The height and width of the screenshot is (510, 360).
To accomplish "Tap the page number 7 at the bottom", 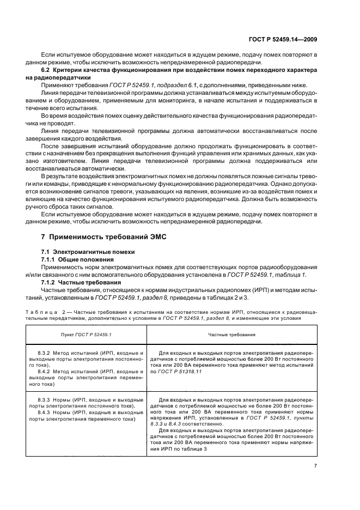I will (315, 465).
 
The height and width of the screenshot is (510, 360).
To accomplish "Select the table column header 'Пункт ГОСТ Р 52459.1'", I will (86, 333).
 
